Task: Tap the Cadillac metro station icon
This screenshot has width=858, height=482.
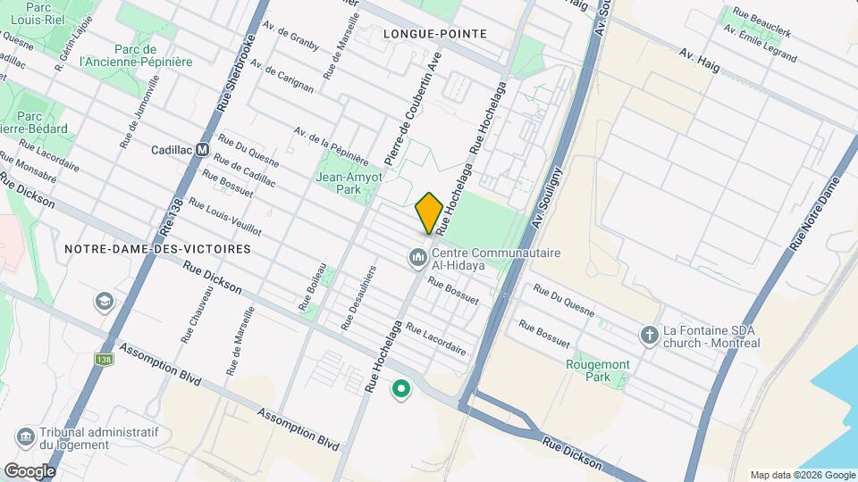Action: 203,150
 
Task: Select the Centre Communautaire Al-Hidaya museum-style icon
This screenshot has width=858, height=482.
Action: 417,258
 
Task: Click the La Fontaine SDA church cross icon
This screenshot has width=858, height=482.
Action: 650,335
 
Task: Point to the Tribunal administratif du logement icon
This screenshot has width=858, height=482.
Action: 25,438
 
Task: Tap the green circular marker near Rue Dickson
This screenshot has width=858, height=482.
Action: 401,388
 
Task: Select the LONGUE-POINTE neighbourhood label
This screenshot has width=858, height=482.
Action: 434,34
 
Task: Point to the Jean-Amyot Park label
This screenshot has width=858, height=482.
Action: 349,183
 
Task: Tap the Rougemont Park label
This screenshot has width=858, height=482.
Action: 598,370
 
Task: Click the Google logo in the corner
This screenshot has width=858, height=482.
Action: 29,470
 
